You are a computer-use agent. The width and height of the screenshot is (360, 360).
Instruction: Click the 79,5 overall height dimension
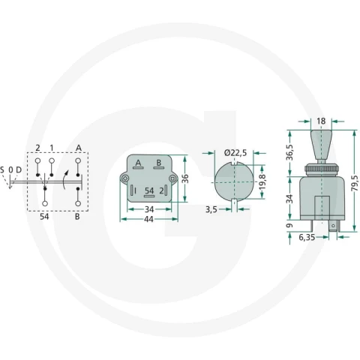click(354, 183)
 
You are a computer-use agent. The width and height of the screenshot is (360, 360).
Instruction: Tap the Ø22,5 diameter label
click(235, 152)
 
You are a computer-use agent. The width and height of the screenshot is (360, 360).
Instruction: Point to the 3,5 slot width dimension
click(211, 209)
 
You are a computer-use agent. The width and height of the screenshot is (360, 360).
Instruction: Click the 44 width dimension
click(148, 219)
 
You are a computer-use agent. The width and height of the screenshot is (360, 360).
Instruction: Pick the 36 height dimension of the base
click(185, 178)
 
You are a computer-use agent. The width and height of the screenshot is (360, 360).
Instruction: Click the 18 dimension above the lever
click(321, 121)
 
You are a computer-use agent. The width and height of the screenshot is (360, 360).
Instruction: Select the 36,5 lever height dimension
click(289, 152)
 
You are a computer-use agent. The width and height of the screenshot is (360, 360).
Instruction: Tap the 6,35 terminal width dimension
click(307, 237)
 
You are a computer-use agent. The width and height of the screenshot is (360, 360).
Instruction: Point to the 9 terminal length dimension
click(289, 226)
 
